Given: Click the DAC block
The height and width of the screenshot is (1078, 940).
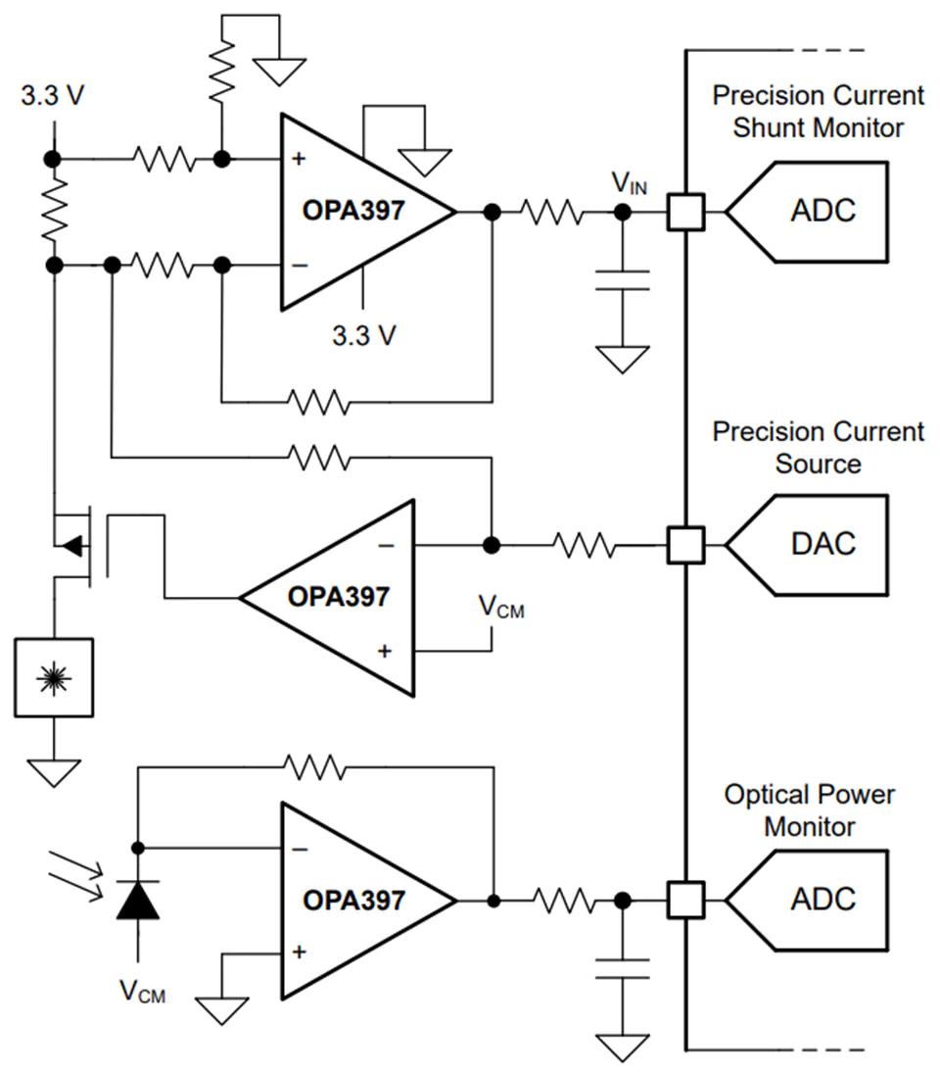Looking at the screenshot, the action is click(807, 545).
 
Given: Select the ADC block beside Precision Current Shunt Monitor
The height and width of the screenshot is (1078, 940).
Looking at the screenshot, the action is click(807, 212).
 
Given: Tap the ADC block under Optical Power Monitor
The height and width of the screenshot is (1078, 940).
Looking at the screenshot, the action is click(807, 900).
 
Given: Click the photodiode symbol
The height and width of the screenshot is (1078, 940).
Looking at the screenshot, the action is click(138, 901).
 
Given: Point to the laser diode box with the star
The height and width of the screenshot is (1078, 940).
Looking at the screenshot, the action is click(54, 678).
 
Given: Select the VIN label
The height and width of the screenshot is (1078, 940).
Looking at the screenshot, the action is click(630, 183).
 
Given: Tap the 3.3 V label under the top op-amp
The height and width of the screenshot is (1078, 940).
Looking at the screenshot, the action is click(364, 335).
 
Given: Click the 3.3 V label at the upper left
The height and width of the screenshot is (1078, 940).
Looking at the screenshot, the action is click(52, 96).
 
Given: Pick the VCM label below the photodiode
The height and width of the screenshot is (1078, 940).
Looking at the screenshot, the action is click(142, 992).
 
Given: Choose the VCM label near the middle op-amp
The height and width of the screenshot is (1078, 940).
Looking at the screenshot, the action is click(501, 607).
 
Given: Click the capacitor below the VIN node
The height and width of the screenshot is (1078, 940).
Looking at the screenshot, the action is click(623, 280).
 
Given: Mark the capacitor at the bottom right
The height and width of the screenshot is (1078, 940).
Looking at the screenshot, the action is click(623, 968).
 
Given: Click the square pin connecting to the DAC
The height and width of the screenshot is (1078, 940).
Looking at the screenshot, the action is click(685, 545).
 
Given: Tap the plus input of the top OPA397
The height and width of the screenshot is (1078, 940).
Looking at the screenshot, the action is click(299, 159).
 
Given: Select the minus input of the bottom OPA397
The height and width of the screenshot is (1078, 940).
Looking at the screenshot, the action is click(300, 850).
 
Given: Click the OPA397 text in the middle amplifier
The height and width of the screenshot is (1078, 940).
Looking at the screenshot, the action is click(339, 597).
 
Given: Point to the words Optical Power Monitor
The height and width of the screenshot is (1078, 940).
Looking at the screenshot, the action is click(810, 810).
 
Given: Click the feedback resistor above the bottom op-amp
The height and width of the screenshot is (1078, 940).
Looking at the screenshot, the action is click(315, 767).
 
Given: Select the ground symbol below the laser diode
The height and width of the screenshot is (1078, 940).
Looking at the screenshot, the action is click(54, 773).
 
